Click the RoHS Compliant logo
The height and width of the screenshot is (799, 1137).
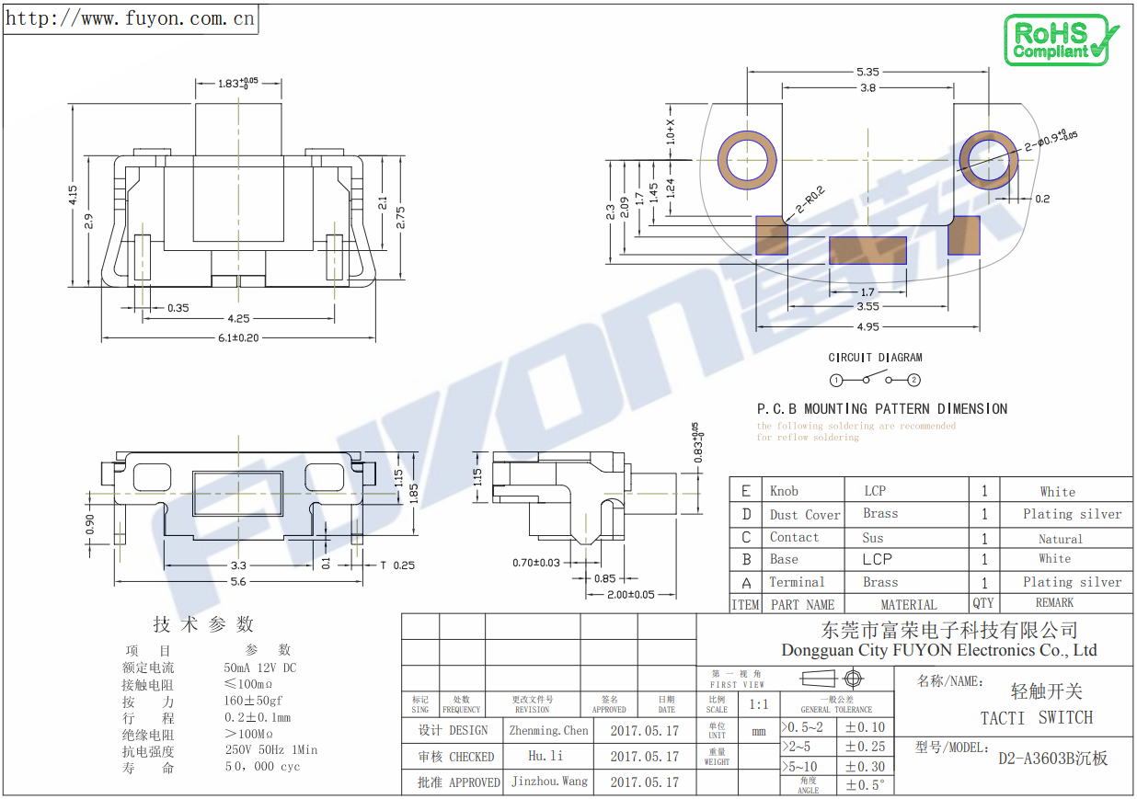(x=1060, y=40)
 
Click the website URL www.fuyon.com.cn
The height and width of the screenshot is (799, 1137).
(x=131, y=17)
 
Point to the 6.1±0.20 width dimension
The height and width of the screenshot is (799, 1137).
(x=238, y=337)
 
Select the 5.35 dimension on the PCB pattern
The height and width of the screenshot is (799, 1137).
(x=867, y=72)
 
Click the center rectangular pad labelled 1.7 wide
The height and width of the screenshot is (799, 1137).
(x=867, y=250)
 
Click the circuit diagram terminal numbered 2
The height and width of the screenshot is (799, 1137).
(x=913, y=380)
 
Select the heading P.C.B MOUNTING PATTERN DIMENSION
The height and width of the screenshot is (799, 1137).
(x=881, y=408)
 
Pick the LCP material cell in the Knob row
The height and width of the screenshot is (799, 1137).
(x=875, y=491)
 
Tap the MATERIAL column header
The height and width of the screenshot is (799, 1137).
(x=908, y=604)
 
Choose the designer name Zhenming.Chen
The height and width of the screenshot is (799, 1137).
(x=548, y=730)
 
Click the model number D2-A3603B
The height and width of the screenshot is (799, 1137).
(x=1052, y=759)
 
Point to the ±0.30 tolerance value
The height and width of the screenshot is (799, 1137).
(x=865, y=766)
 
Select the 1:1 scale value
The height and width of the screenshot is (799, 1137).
(x=759, y=704)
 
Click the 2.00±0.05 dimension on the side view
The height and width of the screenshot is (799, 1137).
(x=630, y=594)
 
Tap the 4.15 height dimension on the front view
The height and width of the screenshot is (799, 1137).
(x=73, y=195)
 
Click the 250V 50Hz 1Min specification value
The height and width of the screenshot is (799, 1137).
(x=271, y=750)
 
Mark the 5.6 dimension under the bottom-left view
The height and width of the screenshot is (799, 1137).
(x=238, y=581)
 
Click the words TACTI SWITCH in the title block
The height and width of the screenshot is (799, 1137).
(x=1036, y=718)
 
